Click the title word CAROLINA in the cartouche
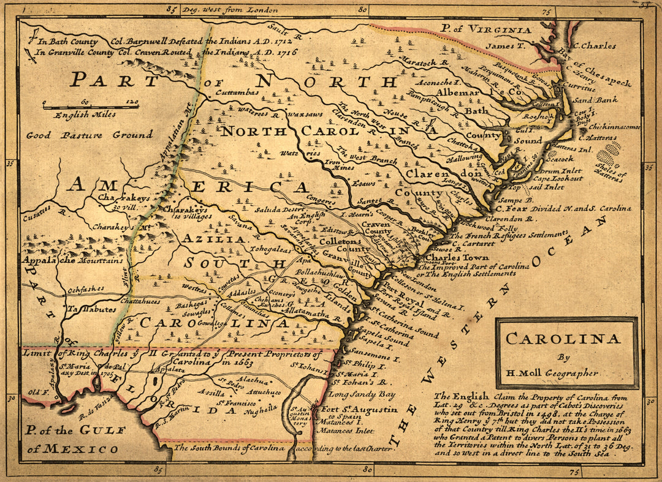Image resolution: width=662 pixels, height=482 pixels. tap(563, 339)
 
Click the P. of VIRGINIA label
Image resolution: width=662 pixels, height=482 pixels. tap(487, 29)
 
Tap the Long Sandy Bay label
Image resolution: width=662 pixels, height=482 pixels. tap(365, 395)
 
